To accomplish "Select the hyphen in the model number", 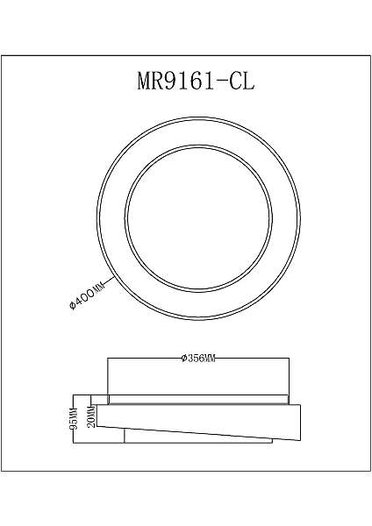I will click(x=220, y=82).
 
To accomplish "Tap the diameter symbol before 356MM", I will click(x=179, y=359).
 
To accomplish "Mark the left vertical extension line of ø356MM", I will click(x=107, y=377).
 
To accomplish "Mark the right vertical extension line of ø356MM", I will click(x=289, y=377).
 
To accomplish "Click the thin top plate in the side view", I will click(x=197, y=400).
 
